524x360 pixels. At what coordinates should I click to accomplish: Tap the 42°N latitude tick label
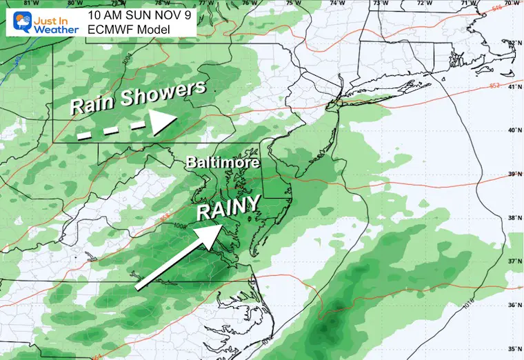[x=514, y=43]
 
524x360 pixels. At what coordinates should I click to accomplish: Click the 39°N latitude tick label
[x=514, y=174]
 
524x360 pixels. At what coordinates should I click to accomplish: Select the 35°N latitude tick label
[x=514, y=350]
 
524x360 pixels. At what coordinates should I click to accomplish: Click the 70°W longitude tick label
[x=511, y=3]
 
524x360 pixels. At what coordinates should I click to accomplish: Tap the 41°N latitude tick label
[x=514, y=87]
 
